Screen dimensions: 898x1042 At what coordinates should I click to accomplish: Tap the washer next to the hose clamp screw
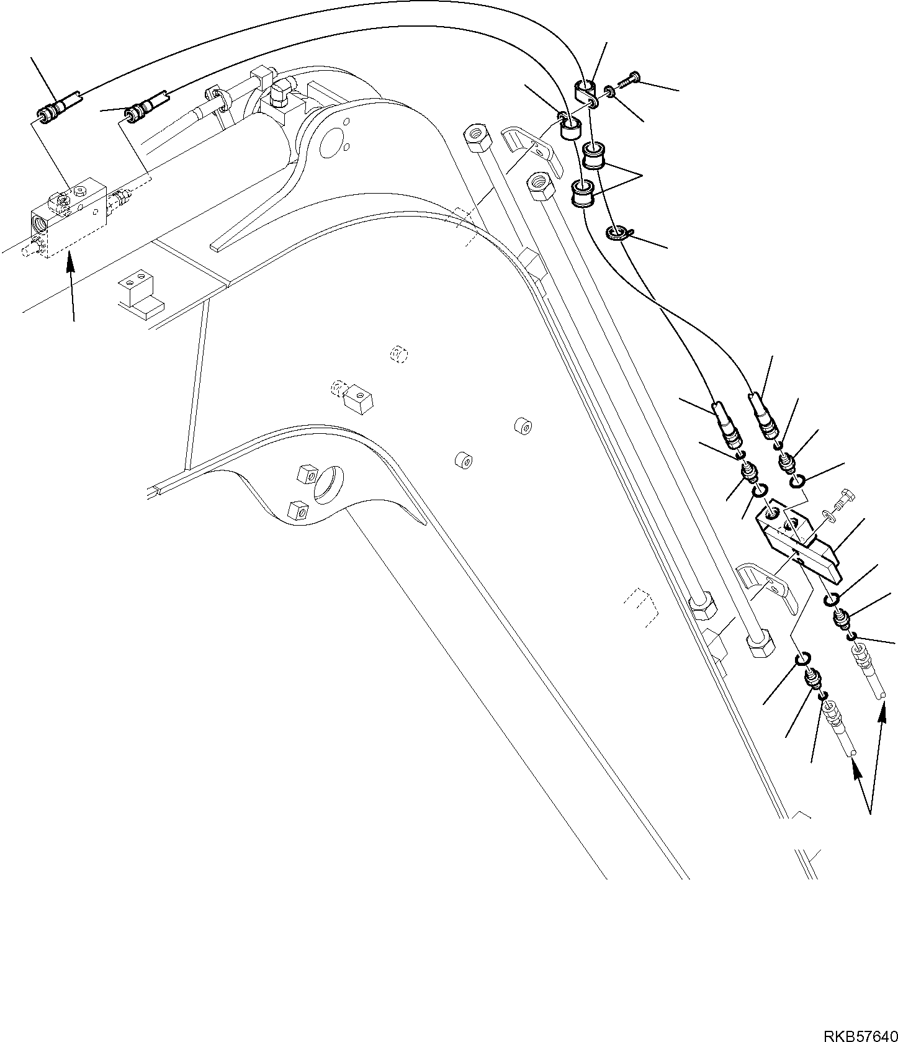click(x=611, y=92)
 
